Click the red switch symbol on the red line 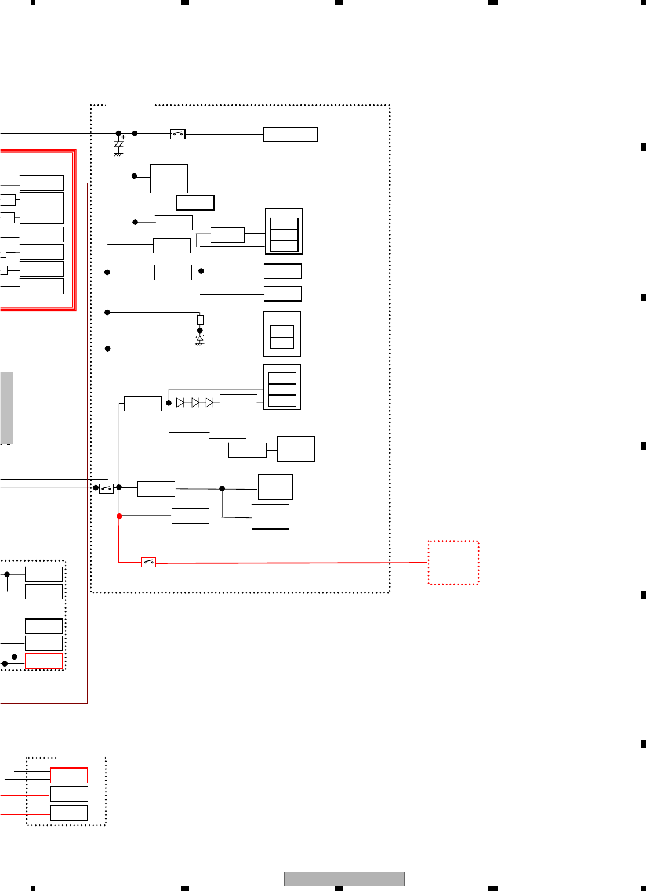coord(149,562)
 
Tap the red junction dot coord(119,516)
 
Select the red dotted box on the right coord(453,563)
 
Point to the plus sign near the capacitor coord(124,137)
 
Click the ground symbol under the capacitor coord(118,154)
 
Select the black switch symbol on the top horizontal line coord(178,134)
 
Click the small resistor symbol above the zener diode coord(200,320)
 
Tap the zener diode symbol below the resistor coord(200,338)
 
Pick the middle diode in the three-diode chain coord(195,403)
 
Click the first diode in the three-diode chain coord(180,403)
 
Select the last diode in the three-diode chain coord(209,403)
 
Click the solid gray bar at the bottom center coord(344,879)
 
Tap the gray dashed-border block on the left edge coord(6,408)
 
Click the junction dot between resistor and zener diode coord(200,331)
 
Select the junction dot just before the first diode coord(169,403)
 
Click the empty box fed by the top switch coord(291,135)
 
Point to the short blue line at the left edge coord(12,579)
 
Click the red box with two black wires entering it coord(69,775)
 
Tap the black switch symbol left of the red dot coord(106,488)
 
